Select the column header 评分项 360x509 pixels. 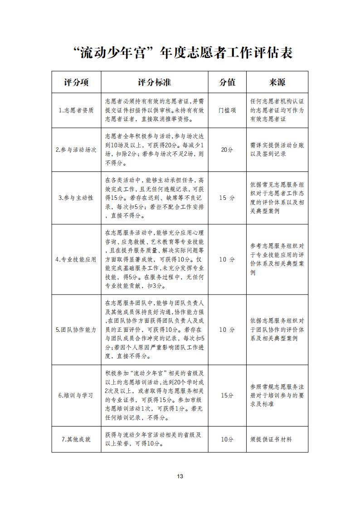pyautogui.click(x=76, y=82)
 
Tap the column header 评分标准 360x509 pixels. pyautogui.click(x=154, y=82)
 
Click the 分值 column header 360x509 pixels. pyautogui.click(x=227, y=82)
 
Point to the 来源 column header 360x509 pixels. pyautogui.click(x=277, y=82)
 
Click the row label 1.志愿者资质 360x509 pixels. pyautogui.click(x=76, y=111)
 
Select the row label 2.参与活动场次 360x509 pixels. pyautogui.click(x=76, y=150)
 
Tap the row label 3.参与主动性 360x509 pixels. pyautogui.click(x=76, y=198)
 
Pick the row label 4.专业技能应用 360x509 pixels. pyautogui.click(x=76, y=259)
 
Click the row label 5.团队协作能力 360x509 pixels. pyautogui.click(x=76, y=330)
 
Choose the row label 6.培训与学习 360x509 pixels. pyautogui.click(x=76, y=395)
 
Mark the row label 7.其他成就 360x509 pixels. pyautogui.click(x=76, y=439)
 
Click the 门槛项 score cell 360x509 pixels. pyautogui.click(x=227, y=111)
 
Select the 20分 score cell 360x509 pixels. pyautogui.click(x=227, y=150)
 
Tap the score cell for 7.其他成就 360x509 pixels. pyautogui.click(x=227, y=439)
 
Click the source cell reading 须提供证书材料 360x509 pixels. pyautogui.click(x=271, y=439)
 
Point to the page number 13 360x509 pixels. pyautogui.click(x=180, y=476)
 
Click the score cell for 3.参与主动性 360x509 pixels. pyautogui.click(x=227, y=198)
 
